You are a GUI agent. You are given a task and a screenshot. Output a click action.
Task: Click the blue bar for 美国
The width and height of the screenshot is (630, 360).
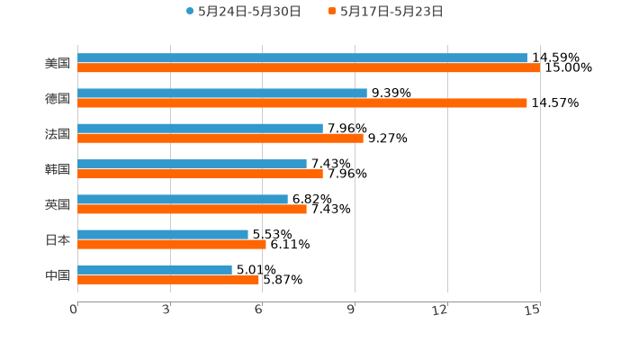point(302,58)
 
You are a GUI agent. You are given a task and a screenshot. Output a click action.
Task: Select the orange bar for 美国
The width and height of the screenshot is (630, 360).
point(309,67)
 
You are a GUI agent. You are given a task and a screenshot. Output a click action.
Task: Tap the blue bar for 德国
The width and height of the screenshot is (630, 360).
point(222,93)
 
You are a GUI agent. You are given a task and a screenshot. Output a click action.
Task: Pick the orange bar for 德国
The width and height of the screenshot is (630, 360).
point(302,103)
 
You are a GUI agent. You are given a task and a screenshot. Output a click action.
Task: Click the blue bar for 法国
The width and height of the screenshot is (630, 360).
point(200,128)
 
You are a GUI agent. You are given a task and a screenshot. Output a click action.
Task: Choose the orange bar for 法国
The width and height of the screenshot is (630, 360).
point(220,138)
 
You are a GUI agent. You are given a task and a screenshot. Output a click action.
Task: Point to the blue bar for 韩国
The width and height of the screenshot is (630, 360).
point(192,164)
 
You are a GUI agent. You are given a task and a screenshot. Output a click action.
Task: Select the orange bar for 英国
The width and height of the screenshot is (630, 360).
point(192,209)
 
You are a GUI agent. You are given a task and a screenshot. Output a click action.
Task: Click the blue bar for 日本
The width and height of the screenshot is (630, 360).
point(163,234)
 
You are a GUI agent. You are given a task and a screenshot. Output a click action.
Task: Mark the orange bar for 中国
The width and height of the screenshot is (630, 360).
point(168,279)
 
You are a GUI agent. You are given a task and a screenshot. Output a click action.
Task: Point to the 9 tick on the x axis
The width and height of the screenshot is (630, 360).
point(353,310)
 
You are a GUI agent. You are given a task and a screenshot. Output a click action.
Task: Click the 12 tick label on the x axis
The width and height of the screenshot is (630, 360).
point(440,310)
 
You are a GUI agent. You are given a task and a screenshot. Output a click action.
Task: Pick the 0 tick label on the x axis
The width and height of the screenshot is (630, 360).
point(74,310)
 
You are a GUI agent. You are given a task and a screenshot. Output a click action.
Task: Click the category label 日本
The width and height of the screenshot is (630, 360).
point(58,239)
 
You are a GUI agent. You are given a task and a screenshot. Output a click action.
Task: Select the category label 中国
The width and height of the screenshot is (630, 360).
point(58,274)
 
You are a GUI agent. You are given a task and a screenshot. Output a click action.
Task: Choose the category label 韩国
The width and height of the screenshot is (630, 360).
point(58,169)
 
